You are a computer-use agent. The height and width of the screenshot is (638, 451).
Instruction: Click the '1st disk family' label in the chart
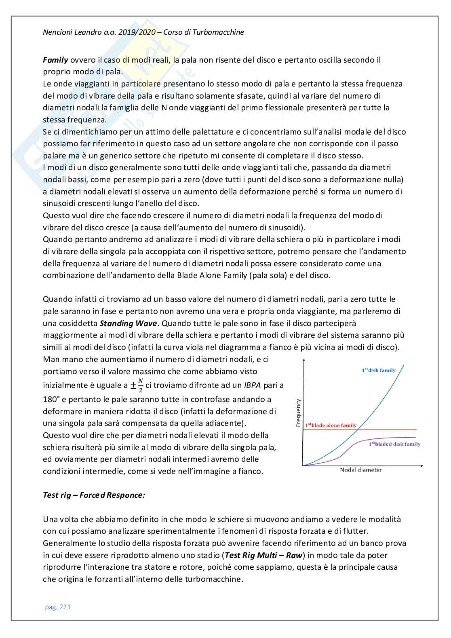(x=378, y=370)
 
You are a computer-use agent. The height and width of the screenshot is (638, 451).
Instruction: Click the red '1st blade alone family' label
(x=331, y=425)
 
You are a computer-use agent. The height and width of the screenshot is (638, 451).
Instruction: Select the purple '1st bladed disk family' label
(x=394, y=444)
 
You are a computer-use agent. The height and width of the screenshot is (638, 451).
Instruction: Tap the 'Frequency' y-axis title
(x=299, y=413)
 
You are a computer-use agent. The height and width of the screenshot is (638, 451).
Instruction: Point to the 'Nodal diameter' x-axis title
(x=361, y=470)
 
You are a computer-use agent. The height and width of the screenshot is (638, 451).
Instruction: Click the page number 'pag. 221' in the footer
(x=57, y=607)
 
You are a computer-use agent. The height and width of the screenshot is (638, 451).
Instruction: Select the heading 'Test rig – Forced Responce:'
(x=94, y=495)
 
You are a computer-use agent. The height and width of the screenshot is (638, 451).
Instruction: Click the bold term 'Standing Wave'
(x=128, y=323)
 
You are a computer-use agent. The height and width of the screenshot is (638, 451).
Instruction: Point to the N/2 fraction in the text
(x=141, y=385)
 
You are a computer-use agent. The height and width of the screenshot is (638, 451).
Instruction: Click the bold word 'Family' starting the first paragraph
(x=55, y=60)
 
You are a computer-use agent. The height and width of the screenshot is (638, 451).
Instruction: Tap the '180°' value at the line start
(x=51, y=400)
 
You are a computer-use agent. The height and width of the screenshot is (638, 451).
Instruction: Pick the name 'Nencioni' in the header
(x=57, y=32)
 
